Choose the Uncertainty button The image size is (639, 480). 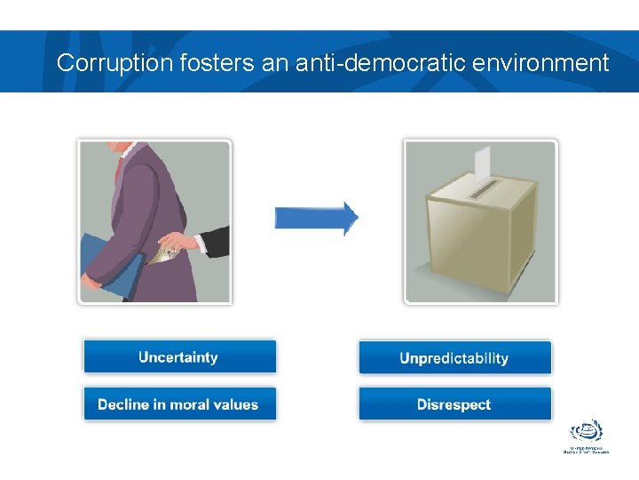(179, 357)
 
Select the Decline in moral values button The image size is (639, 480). (179, 404)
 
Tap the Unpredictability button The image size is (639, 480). (454, 358)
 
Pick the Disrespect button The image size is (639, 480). (454, 404)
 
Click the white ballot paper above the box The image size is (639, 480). (482, 163)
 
